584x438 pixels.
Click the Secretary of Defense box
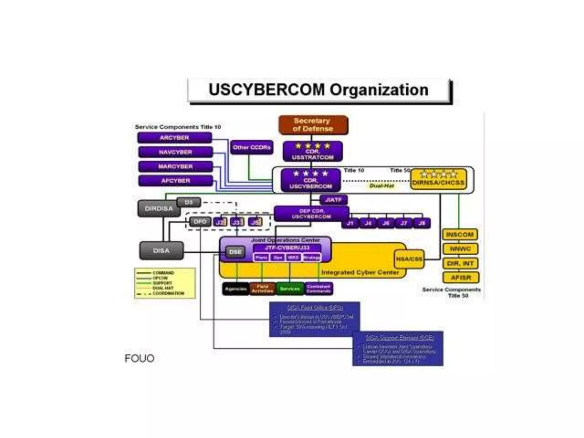coord(313,125)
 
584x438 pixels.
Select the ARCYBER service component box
coord(175,138)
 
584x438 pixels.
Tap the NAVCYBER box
coord(175,152)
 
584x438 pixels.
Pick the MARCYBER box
coord(175,166)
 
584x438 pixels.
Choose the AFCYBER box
coord(175,181)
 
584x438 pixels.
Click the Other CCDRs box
coord(252,147)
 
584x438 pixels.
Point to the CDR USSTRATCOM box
coord(313,151)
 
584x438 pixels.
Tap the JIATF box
coord(333,200)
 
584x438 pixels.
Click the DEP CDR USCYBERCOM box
coord(311,214)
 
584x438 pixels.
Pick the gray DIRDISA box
coord(159,209)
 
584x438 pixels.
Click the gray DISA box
coord(161,251)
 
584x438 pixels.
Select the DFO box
coord(200,222)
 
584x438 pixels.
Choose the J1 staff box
coord(350,223)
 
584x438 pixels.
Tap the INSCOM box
coord(460,235)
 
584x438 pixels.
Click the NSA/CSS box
coord(409,259)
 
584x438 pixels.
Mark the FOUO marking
coord(139,358)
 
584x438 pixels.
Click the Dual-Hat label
coord(382,186)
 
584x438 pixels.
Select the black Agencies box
coord(236,289)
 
